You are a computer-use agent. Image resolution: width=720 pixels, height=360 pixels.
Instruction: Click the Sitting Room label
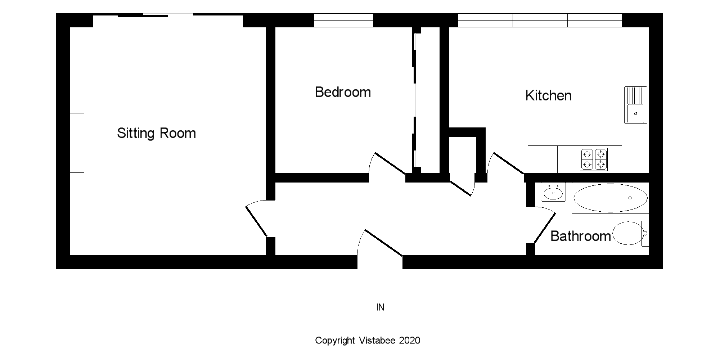tap(156, 133)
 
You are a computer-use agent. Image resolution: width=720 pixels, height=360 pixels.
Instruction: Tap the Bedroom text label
tap(343, 92)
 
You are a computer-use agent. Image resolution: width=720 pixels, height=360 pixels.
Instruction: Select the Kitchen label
tap(548, 96)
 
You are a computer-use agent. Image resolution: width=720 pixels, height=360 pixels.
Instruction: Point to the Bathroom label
tap(580, 236)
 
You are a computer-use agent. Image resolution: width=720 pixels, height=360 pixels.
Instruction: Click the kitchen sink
tap(635, 105)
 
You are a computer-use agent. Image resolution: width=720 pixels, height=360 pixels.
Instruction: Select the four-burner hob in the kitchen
tap(594, 159)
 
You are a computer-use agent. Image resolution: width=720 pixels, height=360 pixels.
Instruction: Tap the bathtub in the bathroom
tap(610, 198)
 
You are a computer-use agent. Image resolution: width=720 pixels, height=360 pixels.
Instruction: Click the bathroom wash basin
tap(553, 192)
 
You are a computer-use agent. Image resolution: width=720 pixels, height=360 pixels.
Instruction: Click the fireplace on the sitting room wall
tap(78, 143)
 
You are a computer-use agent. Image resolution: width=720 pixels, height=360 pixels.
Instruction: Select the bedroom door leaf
tap(390, 163)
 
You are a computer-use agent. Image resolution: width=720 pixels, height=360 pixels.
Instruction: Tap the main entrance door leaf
tap(384, 243)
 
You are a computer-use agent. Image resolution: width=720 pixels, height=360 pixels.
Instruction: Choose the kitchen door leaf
tap(508, 163)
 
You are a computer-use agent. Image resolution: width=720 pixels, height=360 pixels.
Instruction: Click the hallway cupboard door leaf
tap(460, 189)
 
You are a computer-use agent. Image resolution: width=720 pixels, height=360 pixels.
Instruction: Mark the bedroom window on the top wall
tap(343, 20)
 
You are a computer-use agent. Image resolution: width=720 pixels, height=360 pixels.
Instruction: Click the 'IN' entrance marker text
tap(381, 307)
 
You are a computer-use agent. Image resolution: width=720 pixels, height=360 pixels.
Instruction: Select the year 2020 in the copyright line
tap(410, 341)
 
